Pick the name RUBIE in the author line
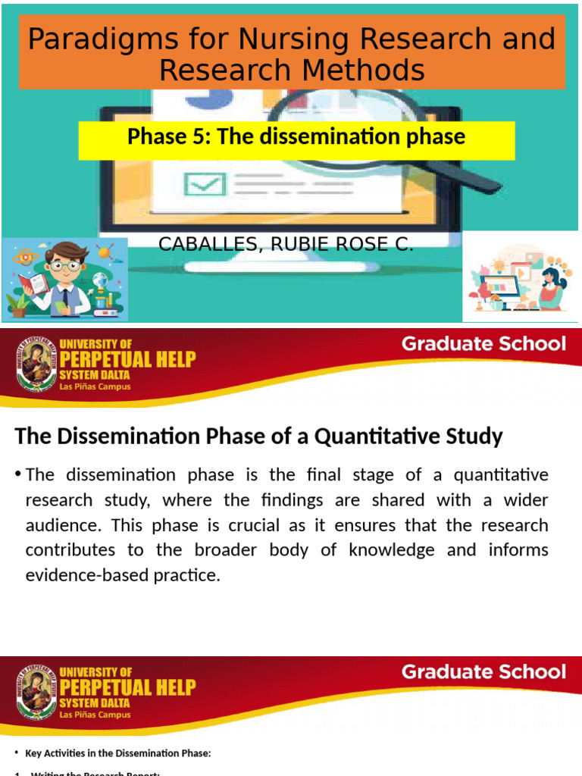pos(288,244)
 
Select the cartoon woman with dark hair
pos(550,284)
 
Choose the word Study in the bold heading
pos(477,436)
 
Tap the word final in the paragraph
pos(337,475)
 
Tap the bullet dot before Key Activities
pos(17,752)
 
